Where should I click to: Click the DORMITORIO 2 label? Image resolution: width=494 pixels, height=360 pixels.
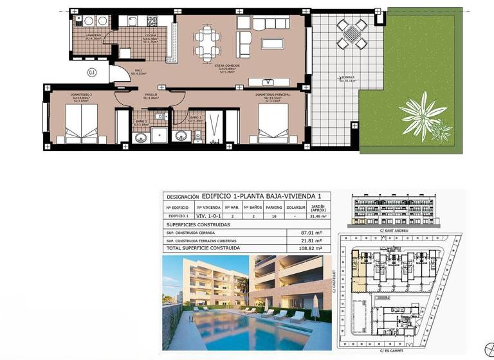point(82,95)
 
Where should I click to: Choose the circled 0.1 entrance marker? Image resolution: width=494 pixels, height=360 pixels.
point(92,73)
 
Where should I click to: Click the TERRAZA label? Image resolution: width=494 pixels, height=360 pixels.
point(347,78)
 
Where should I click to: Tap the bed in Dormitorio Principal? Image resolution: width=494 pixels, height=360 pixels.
point(275,125)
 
